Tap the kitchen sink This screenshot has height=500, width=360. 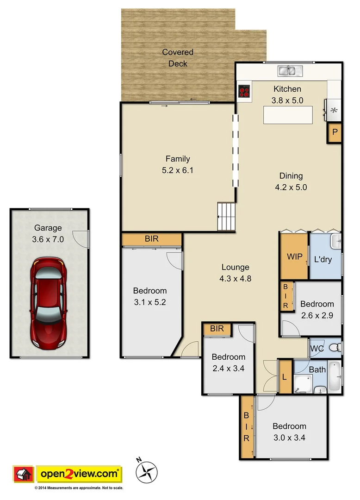click(x=290, y=71)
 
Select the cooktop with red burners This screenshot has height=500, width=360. click(x=244, y=91)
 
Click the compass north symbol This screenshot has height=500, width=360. click(x=148, y=471)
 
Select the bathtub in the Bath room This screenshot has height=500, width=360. click(x=334, y=375)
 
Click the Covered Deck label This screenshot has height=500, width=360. click(x=178, y=58)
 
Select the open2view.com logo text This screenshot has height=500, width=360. click(x=79, y=474)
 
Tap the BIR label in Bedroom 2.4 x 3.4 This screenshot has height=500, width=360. click(x=217, y=329)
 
